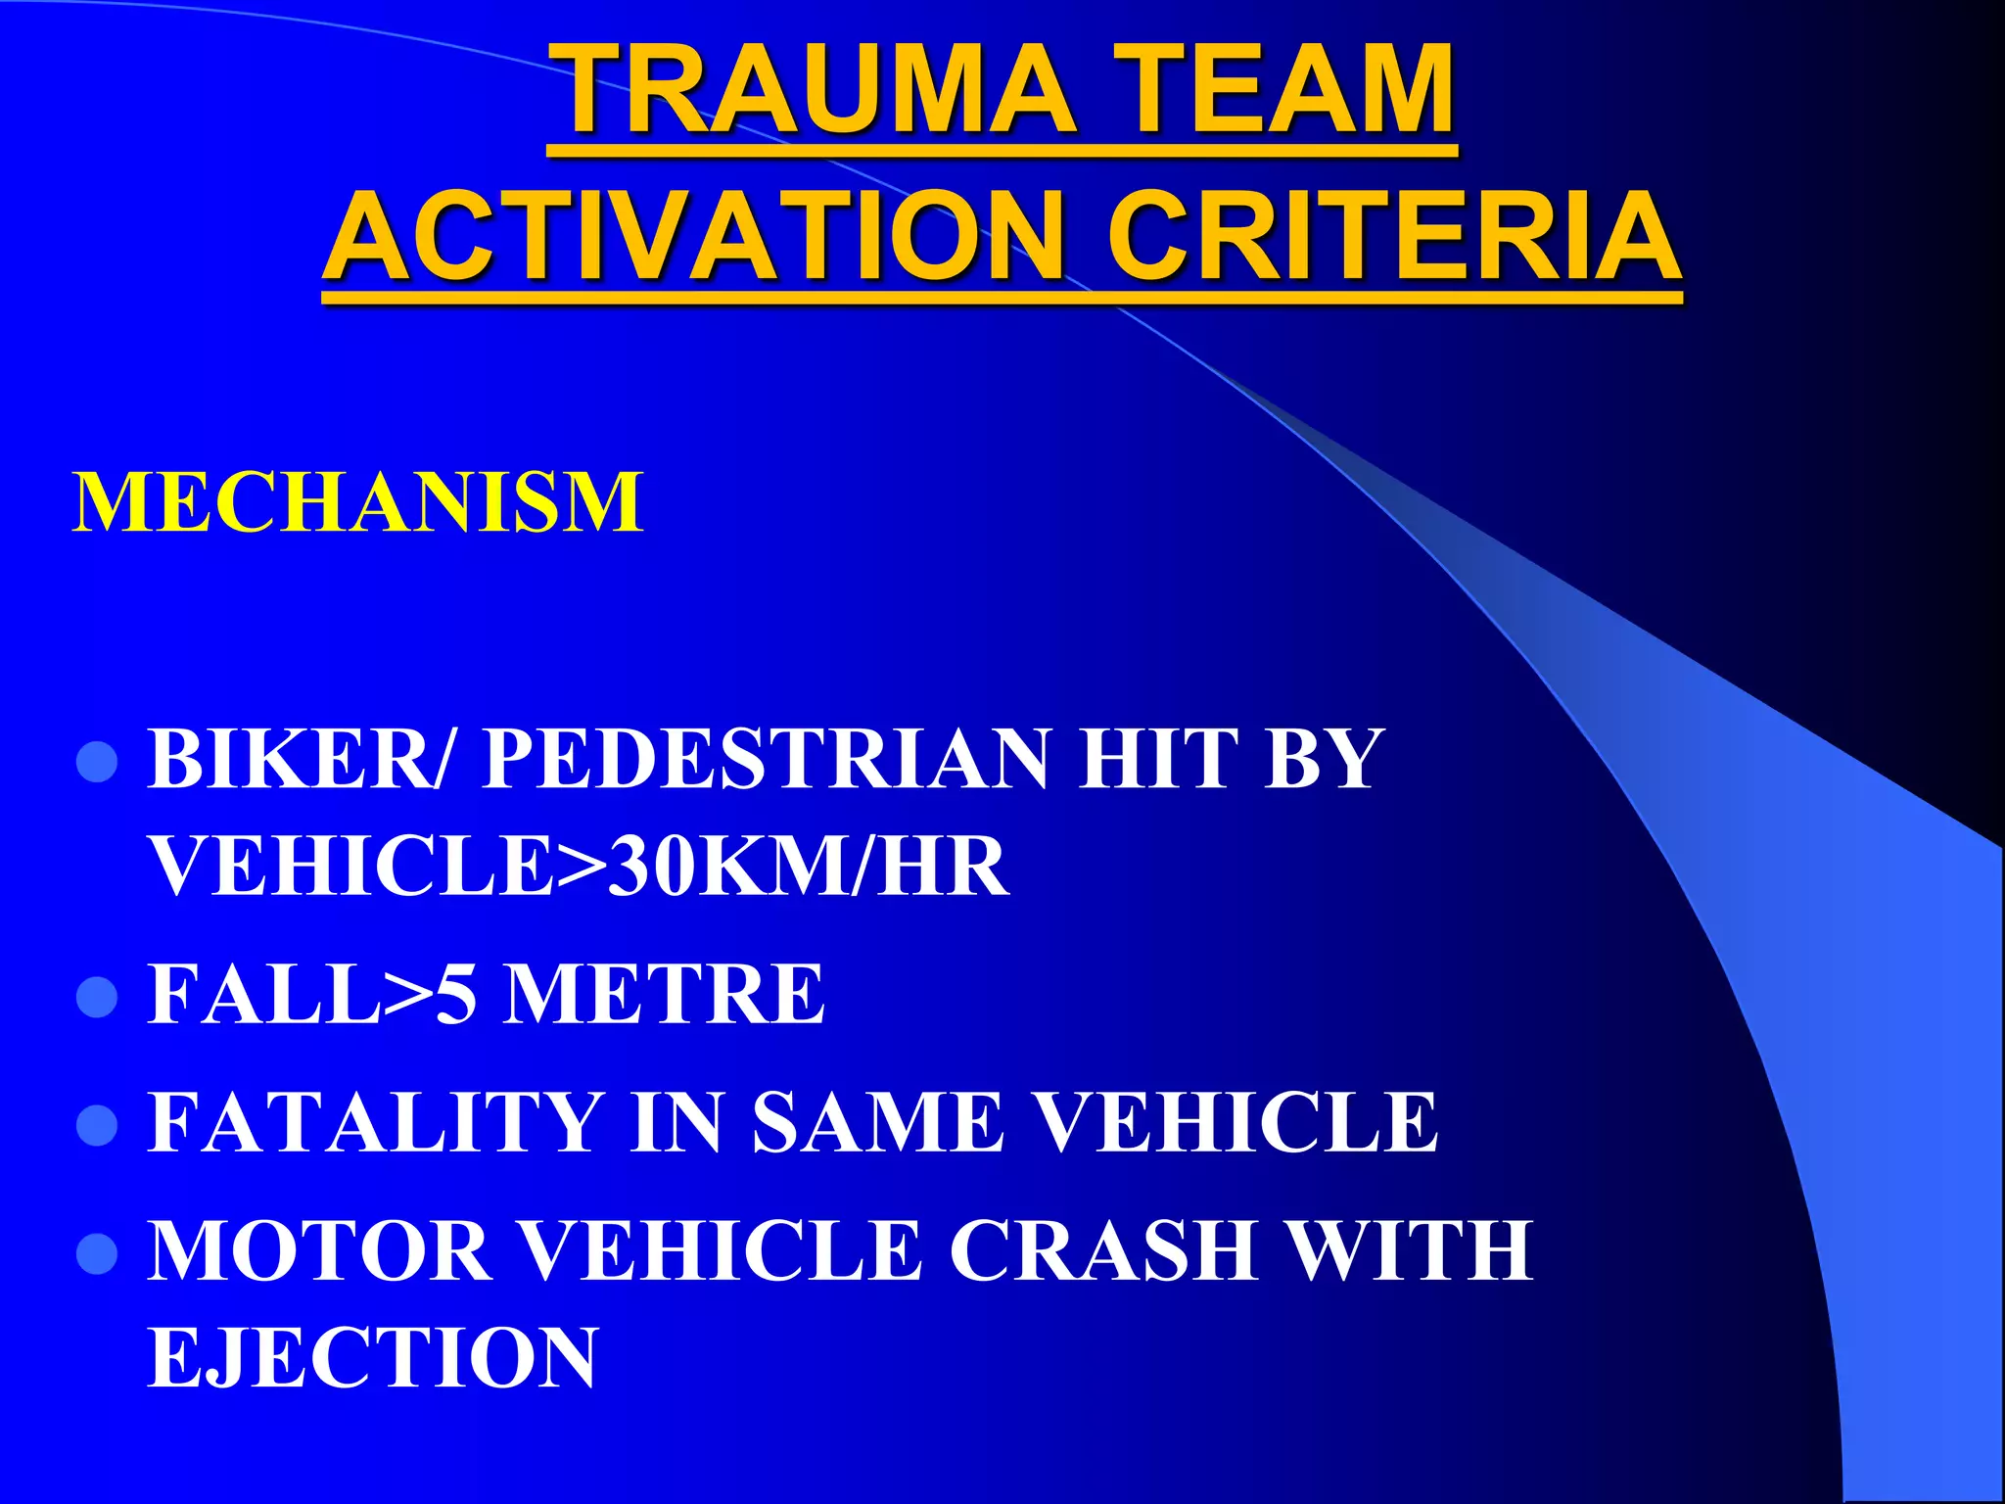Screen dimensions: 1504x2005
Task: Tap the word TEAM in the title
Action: [1284, 89]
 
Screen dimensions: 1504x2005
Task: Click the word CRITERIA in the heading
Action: [1394, 238]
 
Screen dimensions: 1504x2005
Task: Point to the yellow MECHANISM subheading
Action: [358, 502]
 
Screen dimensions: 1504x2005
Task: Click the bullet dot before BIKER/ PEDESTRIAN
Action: [97, 762]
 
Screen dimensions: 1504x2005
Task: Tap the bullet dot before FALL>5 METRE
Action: [97, 998]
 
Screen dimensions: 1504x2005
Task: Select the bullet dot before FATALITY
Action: [97, 1125]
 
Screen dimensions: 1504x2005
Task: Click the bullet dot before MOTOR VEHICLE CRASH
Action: [97, 1253]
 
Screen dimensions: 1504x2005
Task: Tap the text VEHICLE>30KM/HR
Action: [578, 867]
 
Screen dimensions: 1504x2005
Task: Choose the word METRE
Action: [664, 995]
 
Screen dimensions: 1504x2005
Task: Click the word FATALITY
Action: [375, 1122]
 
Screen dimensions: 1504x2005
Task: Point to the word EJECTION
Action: [372, 1358]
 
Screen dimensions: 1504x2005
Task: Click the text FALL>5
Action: [311, 995]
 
